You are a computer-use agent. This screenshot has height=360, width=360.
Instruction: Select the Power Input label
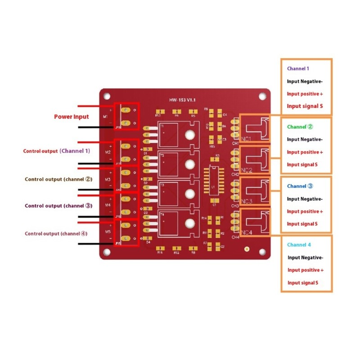coord(72,117)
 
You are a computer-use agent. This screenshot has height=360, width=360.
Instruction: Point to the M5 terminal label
coord(108,232)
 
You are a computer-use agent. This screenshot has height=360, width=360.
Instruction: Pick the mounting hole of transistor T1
coord(190,135)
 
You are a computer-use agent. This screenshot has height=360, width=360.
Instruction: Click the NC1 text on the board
coord(247,139)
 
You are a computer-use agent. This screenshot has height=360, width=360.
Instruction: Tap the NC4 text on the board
coord(247,233)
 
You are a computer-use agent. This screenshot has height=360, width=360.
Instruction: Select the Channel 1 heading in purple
coord(298,69)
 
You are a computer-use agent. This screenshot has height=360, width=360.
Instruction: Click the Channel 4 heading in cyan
coord(299,245)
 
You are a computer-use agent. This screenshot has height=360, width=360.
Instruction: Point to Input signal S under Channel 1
coord(305,107)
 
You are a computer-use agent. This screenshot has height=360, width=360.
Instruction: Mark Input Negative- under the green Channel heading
coord(305,139)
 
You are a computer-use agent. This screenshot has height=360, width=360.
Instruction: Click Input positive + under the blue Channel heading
coord(305,211)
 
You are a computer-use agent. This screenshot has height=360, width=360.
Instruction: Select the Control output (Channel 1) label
coord(57,151)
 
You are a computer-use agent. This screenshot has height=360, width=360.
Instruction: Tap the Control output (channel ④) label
coord(56,234)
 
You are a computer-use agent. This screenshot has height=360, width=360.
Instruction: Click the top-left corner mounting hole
coord(107,95)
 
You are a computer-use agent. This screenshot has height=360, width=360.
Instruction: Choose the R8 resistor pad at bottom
coord(193,248)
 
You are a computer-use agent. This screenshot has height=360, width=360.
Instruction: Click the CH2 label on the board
coord(235,174)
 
